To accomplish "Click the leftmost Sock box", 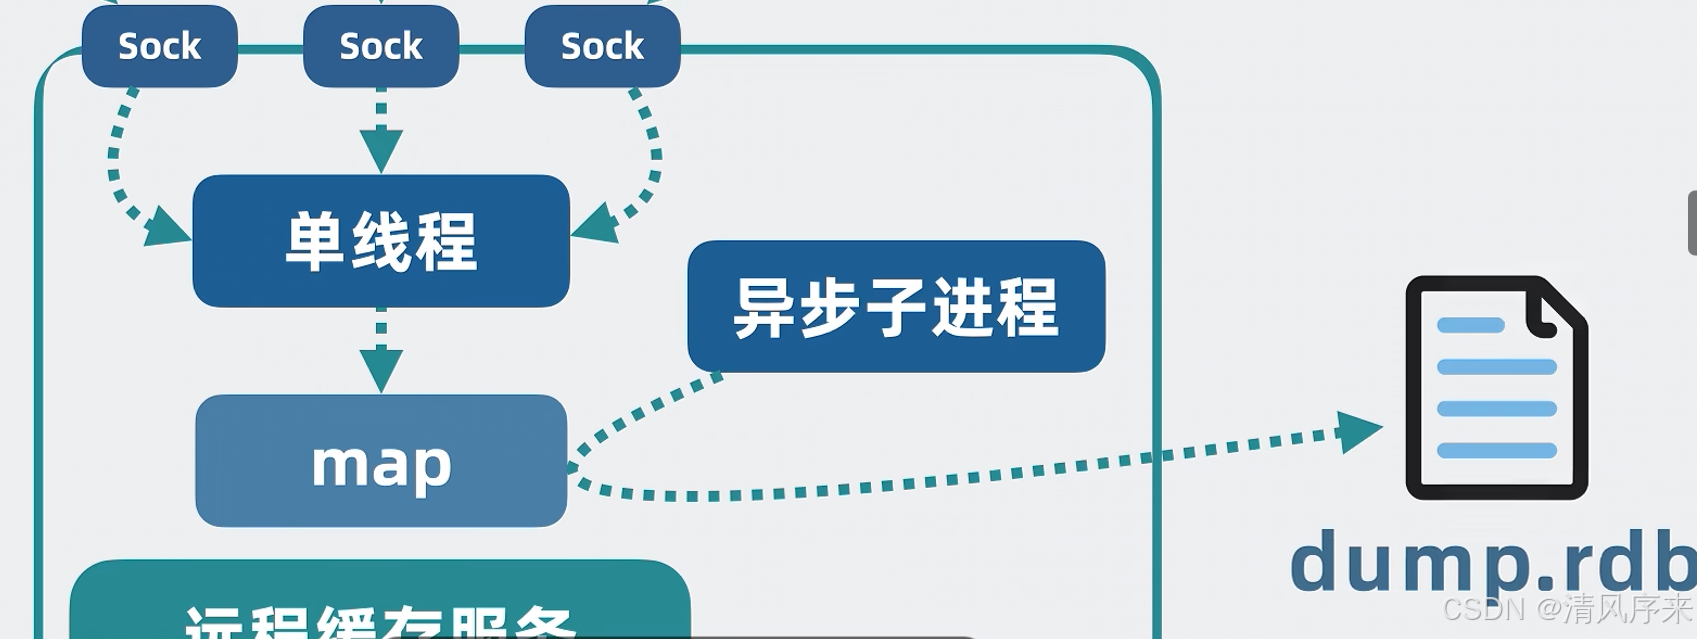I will tap(159, 46).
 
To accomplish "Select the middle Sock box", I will tap(381, 46).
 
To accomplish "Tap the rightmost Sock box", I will tap(602, 46).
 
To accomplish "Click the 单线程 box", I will tap(381, 241).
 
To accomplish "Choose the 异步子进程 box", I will tap(896, 306).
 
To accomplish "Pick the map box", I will tap(381, 461).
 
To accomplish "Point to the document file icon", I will tap(1496, 388).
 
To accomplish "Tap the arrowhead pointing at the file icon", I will tap(1359, 431).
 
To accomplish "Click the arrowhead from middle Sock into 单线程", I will tap(381, 151).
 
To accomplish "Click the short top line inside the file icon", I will tap(1470, 325).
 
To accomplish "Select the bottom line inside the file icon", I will tap(1496, 450).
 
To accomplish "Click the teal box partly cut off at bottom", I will tap(380, 600).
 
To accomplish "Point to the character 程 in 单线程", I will tap(446, 242).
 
